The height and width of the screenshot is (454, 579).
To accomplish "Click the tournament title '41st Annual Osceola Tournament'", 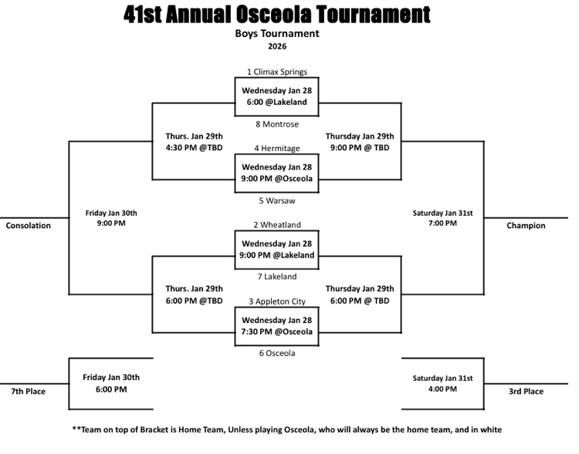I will [277, 14].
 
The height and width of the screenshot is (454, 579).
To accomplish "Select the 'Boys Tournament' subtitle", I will [277, 34].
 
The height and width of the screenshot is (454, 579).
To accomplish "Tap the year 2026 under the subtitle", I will [277, 47].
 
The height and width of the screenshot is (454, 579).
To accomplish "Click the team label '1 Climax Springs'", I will [277, 72].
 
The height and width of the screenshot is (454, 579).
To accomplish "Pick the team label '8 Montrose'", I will [277, 124].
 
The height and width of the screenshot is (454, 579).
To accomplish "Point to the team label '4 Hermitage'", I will [277, 149].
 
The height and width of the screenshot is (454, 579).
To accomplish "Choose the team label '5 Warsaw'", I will [277, 201].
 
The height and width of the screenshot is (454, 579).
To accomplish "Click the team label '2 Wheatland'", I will [277, 225].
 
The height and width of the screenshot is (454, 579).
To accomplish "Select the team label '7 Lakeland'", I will [277, 277].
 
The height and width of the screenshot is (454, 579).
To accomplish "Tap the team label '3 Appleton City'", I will [277, 301].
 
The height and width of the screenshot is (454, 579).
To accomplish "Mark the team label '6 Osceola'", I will [277, 353].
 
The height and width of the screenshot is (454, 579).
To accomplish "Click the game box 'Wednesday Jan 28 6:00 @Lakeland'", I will [277, 96].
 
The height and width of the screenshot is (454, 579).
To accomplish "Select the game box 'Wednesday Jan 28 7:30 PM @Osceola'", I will [277, 326].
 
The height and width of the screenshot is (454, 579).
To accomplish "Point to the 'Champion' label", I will [526, 226].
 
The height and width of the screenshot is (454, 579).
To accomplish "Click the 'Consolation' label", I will [28, 226].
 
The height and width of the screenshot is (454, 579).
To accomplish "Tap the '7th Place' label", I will [28, 392].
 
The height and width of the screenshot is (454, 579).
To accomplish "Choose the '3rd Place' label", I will [526, 392].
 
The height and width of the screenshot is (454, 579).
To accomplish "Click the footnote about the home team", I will [286, 429].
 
